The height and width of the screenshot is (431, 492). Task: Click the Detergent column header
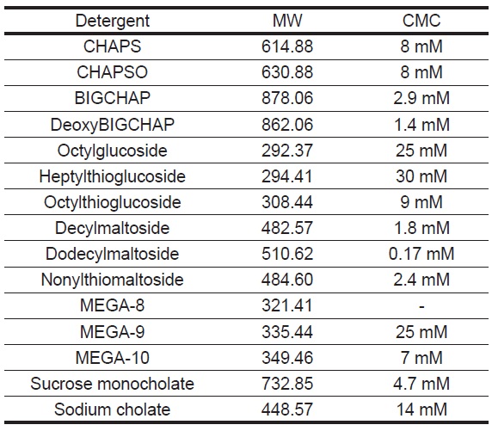click(113, 22)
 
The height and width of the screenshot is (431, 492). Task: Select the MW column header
click(287, 21)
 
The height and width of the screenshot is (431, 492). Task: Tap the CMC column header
click(421, 21)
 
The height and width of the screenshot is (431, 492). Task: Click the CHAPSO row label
click(112, 72)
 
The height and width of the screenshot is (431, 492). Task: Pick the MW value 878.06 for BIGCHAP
click(287, 98)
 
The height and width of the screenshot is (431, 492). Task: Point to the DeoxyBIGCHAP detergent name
click(113, 125)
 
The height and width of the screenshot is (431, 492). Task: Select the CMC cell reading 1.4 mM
click(421, 124)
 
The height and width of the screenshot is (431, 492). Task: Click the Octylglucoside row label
click(112, 151)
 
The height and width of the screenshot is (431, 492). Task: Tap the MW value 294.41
click(287, 176)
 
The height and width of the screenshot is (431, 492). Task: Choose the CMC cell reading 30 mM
click(421, 176)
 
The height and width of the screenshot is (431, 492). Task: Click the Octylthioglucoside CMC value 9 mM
click(421, 202)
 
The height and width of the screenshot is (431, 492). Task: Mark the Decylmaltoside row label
click(112, 228)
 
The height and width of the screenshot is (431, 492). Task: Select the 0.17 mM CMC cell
click(421, 254)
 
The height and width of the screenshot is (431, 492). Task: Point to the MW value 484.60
click(287, 280)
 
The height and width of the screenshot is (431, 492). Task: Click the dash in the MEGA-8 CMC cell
click(421, 306)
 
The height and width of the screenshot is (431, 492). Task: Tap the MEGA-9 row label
click(112, 332)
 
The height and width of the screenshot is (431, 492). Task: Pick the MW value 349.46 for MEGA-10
click(287, 358)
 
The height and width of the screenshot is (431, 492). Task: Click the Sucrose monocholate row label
click(112, 384)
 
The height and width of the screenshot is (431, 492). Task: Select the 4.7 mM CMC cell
click(421, 384)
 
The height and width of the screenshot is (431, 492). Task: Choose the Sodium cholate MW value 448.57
click(287, 409)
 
